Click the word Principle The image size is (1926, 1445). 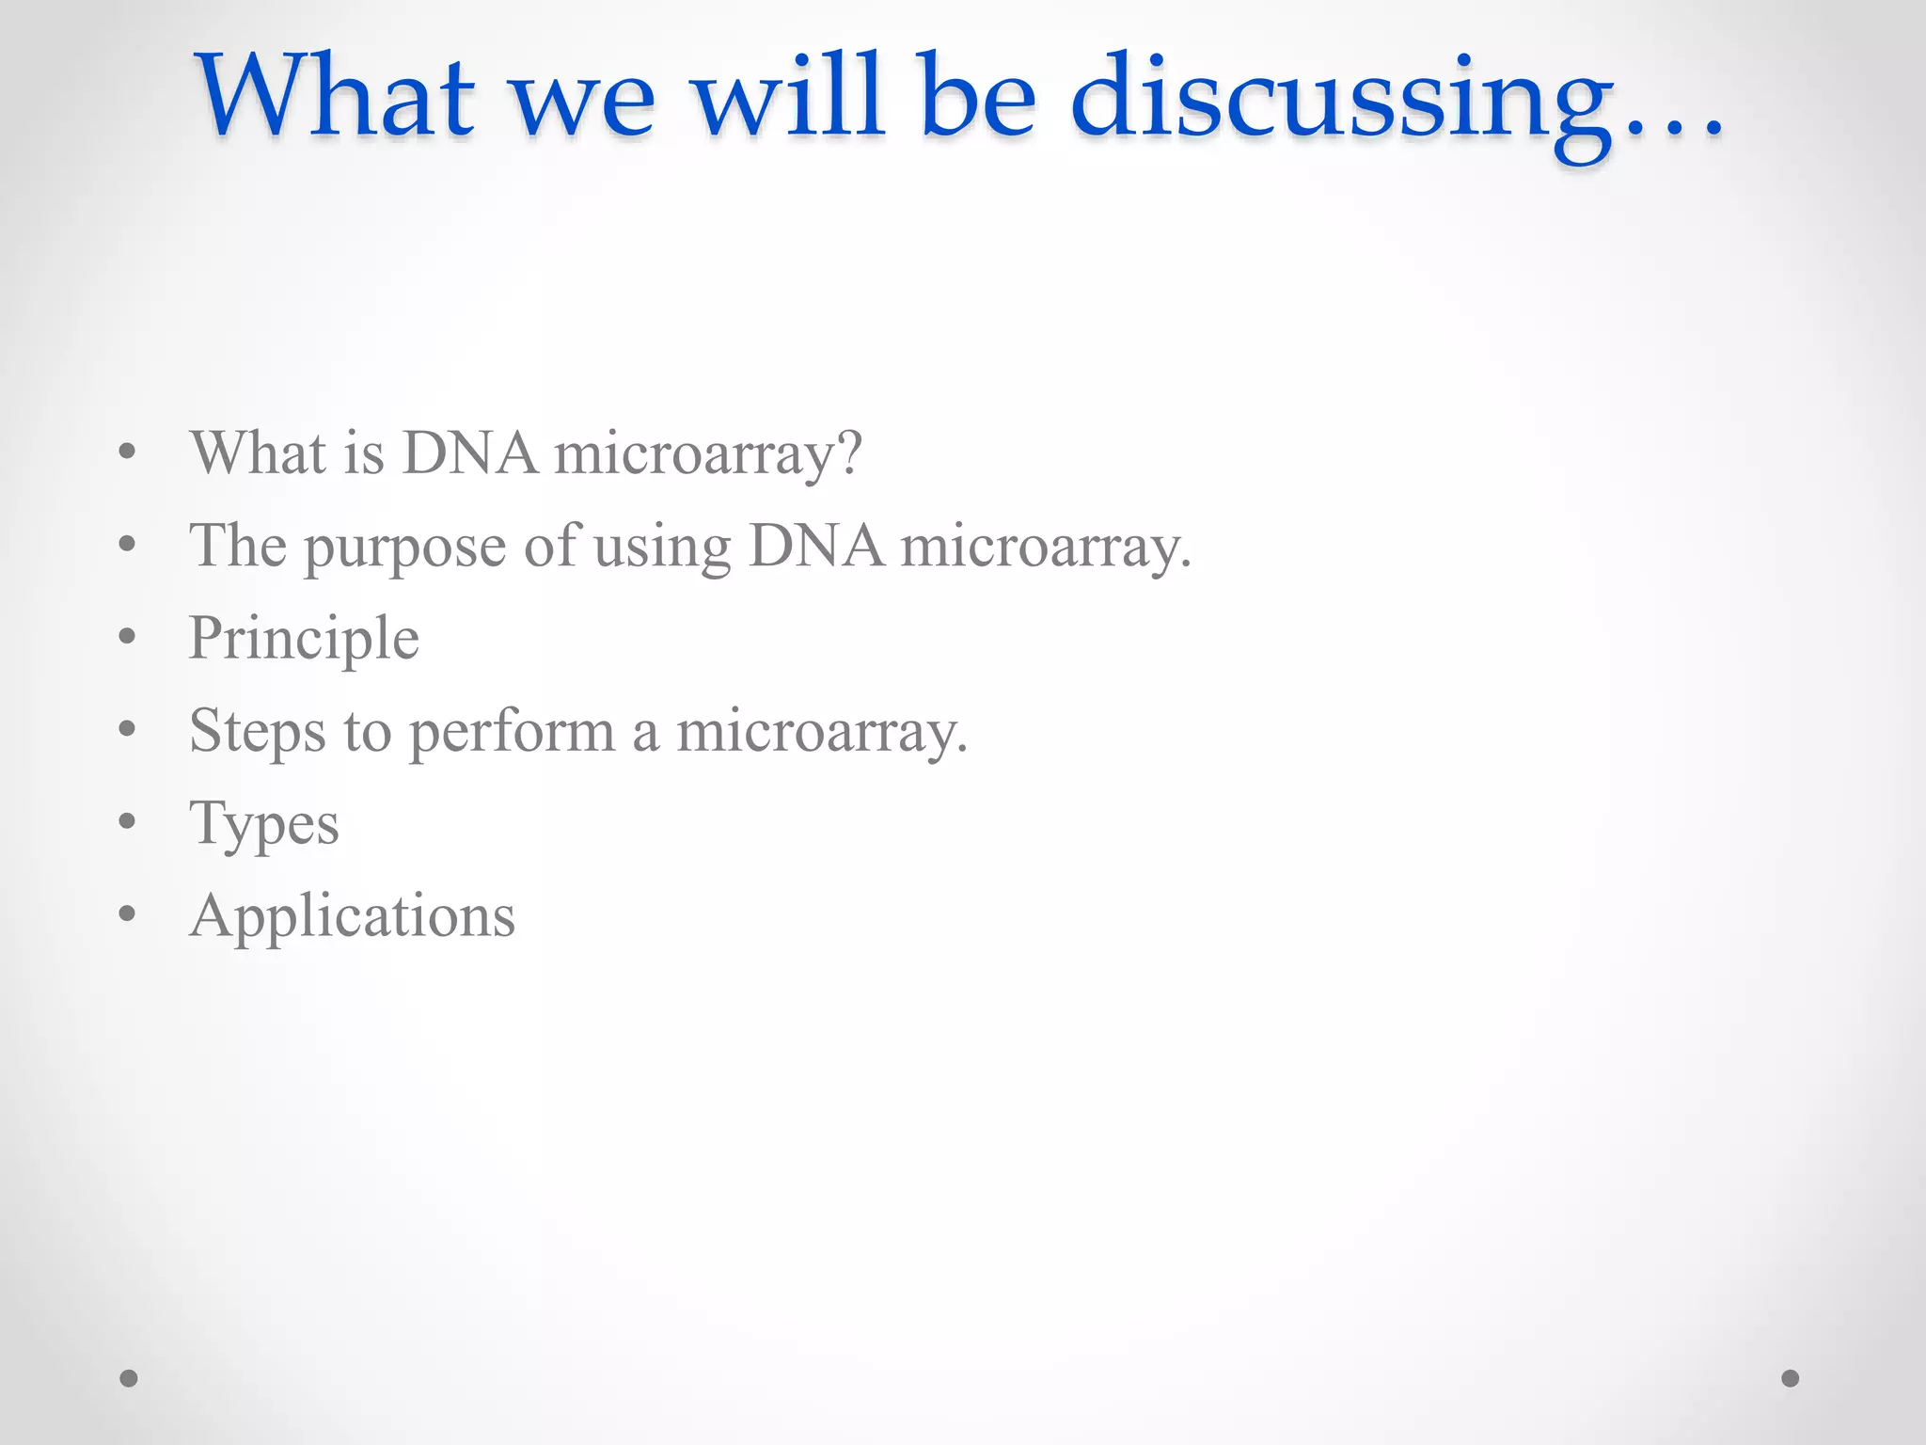[x=304, y=640]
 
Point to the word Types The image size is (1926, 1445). [x=263, y=825]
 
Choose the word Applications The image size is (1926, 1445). [x=352, y=917]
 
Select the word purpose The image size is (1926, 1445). [x=405, y=548]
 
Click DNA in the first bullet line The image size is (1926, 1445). [x=470, y=453]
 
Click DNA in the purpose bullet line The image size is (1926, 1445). [x=816, y=547]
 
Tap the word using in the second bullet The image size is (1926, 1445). [x=662, y=548]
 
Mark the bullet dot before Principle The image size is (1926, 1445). [x=128, y=637]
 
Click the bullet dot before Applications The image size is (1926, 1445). [x=128, y=913]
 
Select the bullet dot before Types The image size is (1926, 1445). [x=128, y=821]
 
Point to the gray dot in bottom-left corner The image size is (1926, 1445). [x=129, y=1378]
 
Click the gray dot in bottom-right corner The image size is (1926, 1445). [x=1791, y=1378]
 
